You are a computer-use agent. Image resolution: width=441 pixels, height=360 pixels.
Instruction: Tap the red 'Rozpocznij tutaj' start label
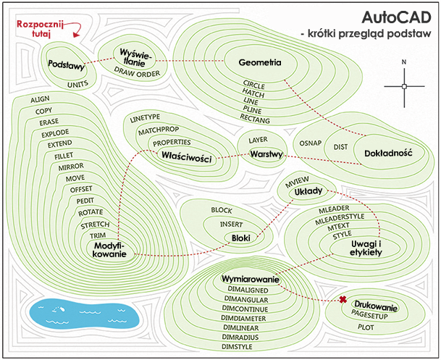41,28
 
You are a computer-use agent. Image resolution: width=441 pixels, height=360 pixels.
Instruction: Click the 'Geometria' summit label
259,62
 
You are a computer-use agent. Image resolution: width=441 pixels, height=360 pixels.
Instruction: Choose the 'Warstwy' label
265,155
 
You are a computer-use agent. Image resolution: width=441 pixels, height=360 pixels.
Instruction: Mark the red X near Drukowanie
343,300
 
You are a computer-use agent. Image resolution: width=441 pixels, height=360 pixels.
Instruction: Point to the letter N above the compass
405,62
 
